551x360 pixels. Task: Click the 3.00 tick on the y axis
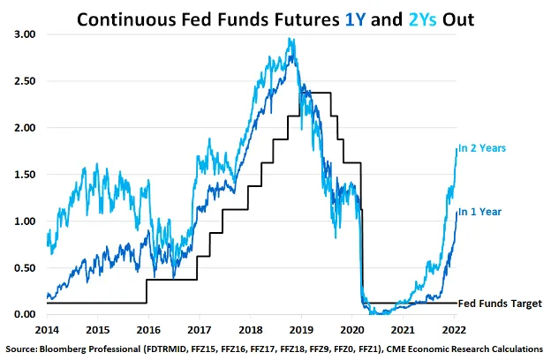click(25, 34)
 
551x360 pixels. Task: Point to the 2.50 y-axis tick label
click(25, 81)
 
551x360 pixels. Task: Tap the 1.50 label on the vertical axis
click(25, 175)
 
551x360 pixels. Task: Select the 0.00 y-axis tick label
click(25, 315)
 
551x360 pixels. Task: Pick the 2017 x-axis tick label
click(199, 328)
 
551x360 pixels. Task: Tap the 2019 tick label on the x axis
click(301, 328)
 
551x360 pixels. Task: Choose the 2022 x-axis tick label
click(454, 328)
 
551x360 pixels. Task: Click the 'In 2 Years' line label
click(481, 148)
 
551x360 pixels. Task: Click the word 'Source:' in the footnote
click(24, 347)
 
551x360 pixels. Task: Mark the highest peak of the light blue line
click(291, 39)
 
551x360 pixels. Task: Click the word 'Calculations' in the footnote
click(511, 347)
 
